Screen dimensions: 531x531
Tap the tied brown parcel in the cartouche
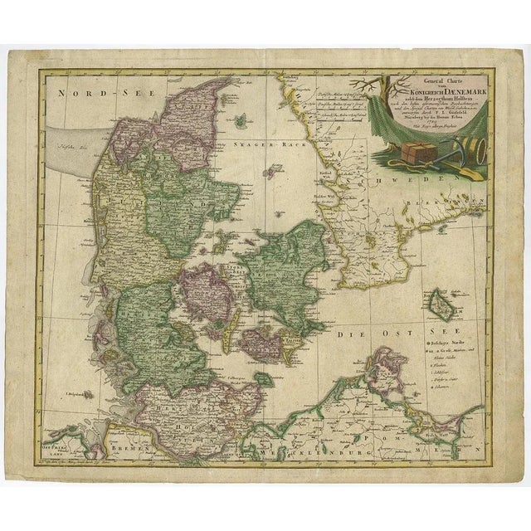pos(420,153)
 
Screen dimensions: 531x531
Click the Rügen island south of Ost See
pos(385,369)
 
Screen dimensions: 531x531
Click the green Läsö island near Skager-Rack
pos(241,121)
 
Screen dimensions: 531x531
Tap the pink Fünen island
pos(203,290)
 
